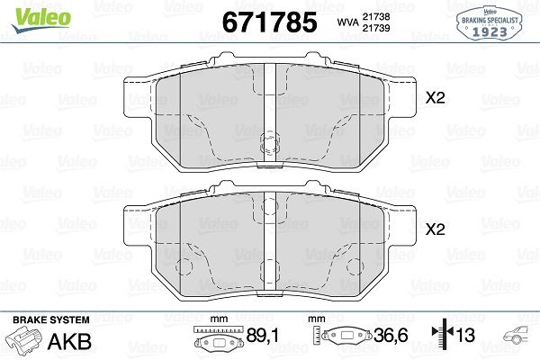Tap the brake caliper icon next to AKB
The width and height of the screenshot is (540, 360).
pyautogui.click(x=24, y=340)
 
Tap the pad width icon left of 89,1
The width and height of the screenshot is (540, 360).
pyautogui.click(x=220, y=340)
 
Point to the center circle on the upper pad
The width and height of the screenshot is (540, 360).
pyautogui.click(x=268, y=144)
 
